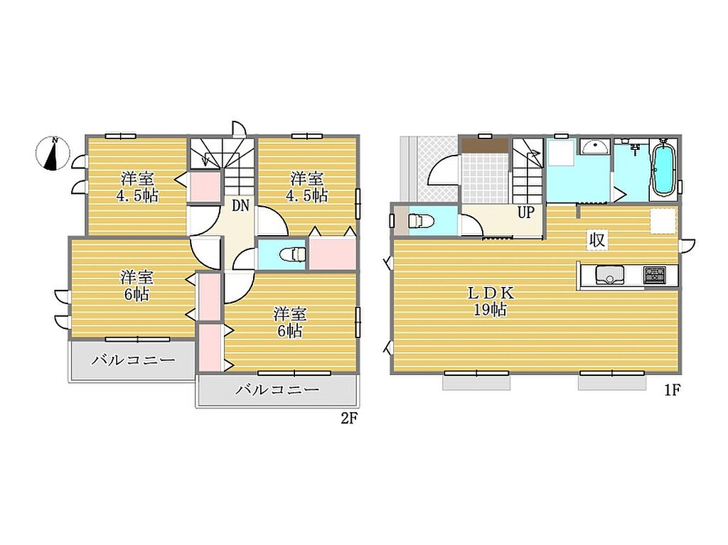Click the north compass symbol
[x=53, y=153]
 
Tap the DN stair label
[x=240, y=205]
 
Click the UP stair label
[x=526, y=212]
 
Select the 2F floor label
[x=348, y=419]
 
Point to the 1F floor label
[x=672, y=390]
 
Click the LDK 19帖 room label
[x=491, y=301]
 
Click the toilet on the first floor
[x=421, y=220]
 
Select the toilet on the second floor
[x=293, y=254]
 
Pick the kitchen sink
[x=609, y=275]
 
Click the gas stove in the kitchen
[x=654, y=275]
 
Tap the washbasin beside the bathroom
[x=595, y=147]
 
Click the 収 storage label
[x=596, y=240]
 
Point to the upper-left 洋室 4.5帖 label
[x=137, y=187]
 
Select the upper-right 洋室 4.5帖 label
[x=307, y=187]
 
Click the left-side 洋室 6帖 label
[x=137, y=286]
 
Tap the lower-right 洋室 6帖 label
[x=290, y=322]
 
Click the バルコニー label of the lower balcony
[x=277, y=389]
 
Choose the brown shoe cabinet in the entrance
[x=485, y=145]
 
